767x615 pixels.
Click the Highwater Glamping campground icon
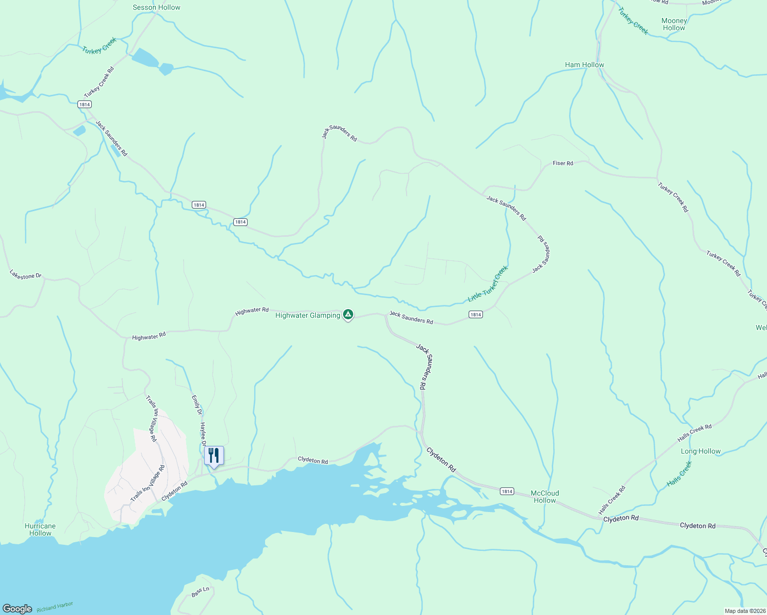click(348, 314)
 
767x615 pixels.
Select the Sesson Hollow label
click(156, 7)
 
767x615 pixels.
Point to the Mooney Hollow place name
click(674, 24)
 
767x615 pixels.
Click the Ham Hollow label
click(584, 65)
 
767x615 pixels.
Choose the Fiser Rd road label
click(562, 163)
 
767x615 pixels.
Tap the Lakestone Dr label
click(25, 275)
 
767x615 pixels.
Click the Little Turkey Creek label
click(488, 283)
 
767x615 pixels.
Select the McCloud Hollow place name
click(544, 497)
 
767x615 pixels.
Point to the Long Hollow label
click(700, 451)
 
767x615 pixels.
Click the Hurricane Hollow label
click(40, 529)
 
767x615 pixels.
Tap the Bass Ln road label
click(200, 591)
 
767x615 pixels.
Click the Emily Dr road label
click(196, 405)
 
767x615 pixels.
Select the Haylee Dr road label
click(203, 434)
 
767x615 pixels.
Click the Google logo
click(17, 608)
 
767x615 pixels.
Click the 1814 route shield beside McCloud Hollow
click(507, 491)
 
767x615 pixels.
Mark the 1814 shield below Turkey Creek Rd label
click(85, 104)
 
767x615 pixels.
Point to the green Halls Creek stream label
click(679, 474)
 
